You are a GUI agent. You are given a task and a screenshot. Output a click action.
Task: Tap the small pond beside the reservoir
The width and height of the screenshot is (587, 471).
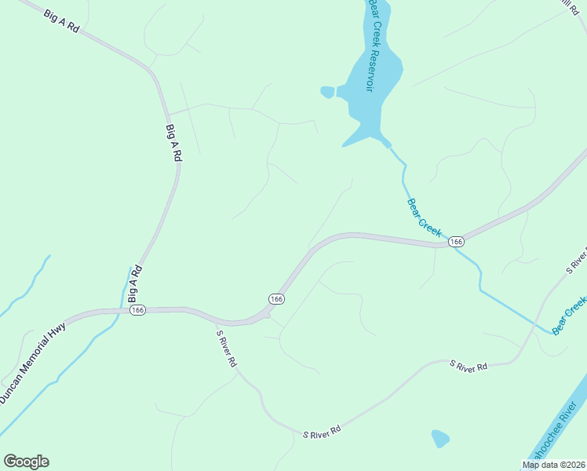pyautogui.click(x=327, y=92)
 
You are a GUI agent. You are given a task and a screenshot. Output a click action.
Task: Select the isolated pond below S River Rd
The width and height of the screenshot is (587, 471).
pyautogui.click(x=440, y=437)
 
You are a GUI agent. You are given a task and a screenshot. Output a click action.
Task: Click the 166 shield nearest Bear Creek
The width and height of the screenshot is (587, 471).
pyautogui.click(x=456, y=242)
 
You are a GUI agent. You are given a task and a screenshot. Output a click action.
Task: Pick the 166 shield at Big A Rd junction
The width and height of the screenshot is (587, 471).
pyautogui.click(x=138, y=310)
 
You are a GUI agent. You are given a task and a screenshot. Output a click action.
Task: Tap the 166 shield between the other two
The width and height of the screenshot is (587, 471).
pyautogui.click(x=275, y=298)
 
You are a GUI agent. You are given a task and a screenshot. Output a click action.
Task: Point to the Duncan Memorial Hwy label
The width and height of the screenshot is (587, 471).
pyautogui.click(x=33, y=366)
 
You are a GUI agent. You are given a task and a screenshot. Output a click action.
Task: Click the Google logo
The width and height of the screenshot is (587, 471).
pyautogui.click(x=26, y=462)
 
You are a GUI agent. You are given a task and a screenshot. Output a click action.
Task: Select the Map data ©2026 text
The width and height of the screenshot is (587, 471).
pyautogui.click(x=553, y=465)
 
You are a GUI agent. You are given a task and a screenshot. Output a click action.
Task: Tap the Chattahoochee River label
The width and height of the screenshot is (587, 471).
pyautogui.click(x=557, y=435)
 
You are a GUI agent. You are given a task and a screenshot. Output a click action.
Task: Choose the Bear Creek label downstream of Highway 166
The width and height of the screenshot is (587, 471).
pyautogui.click(x=571, y=314)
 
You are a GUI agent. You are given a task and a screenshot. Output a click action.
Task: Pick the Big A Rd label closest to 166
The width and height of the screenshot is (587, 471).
pyautogui.click(x=133, y=284)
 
